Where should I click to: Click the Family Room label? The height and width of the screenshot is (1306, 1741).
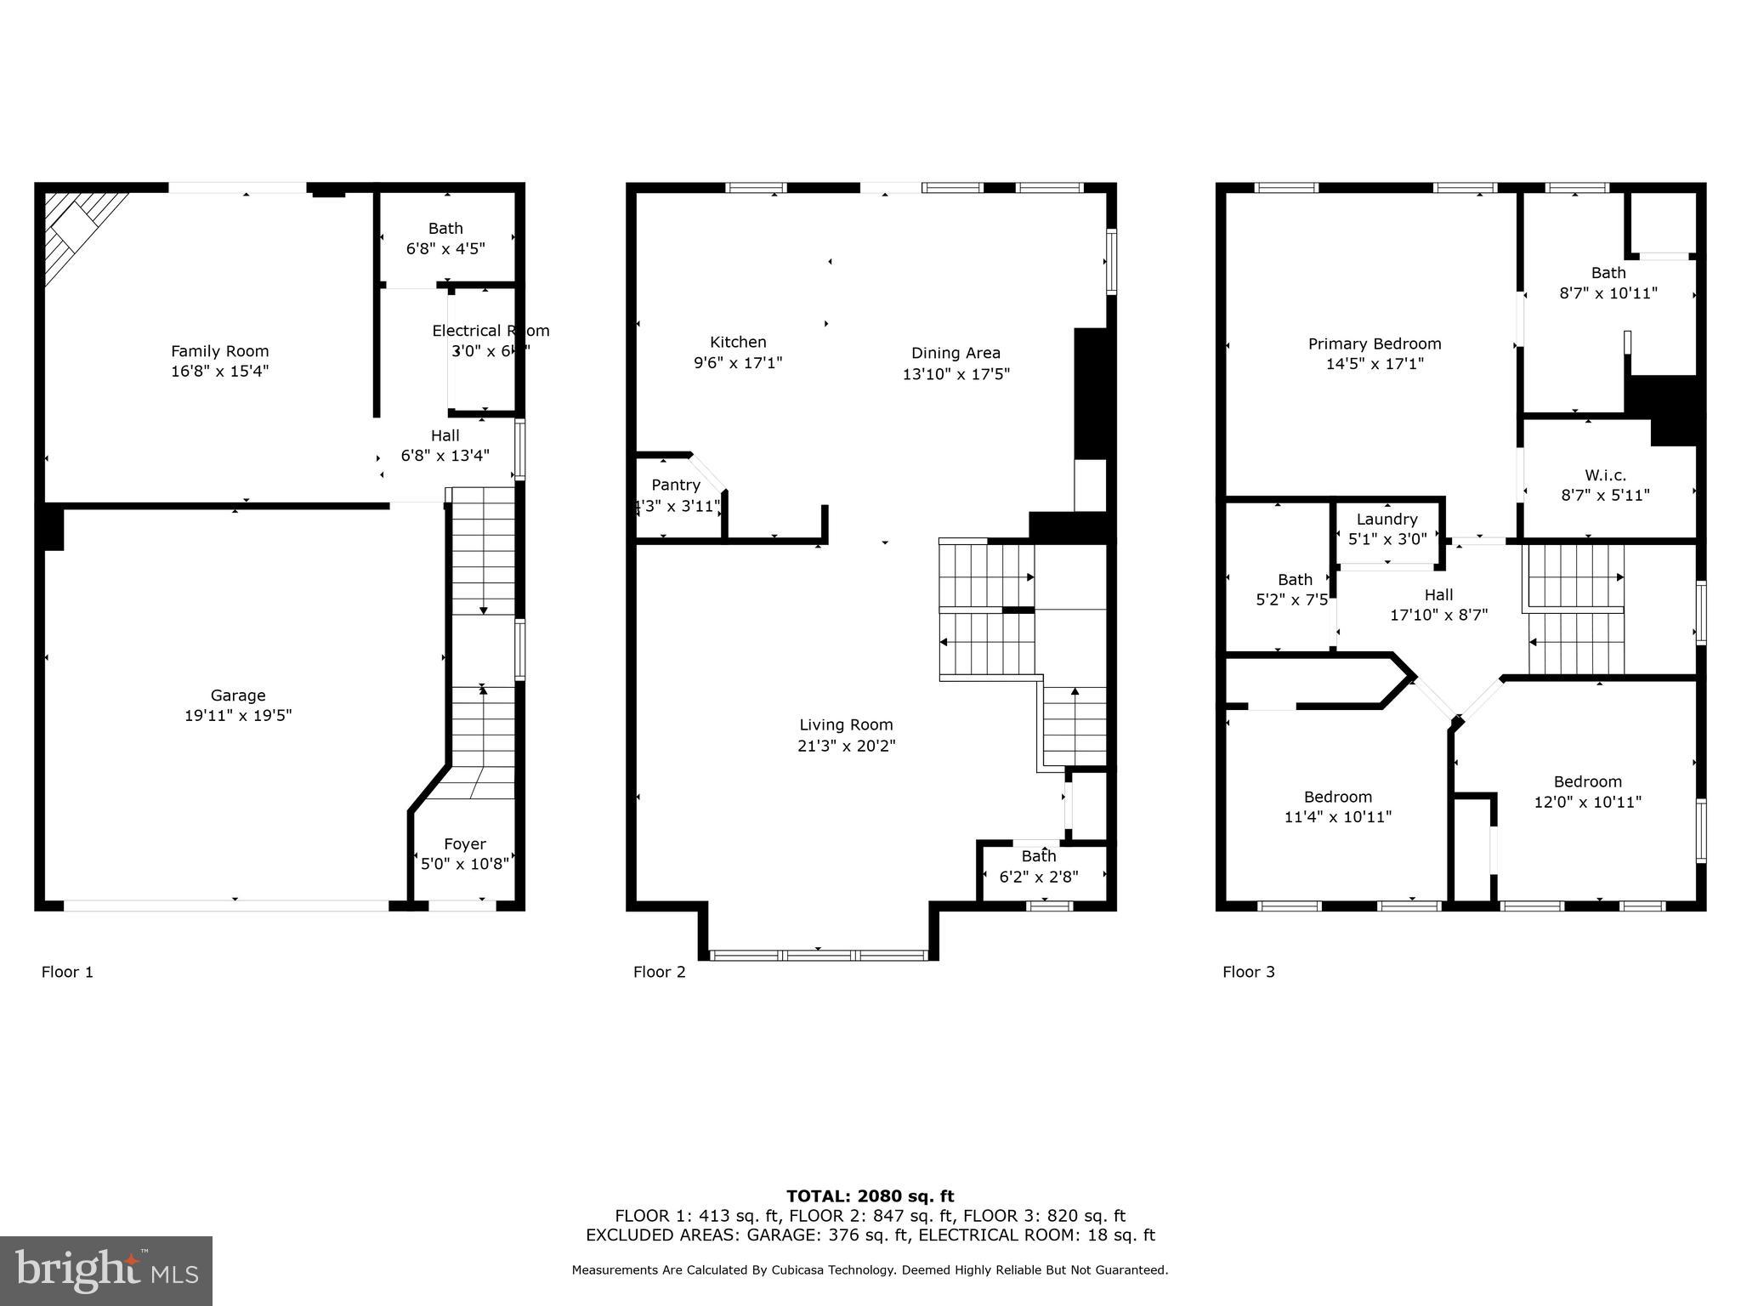(219, 351)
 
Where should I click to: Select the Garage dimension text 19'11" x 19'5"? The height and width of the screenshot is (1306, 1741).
(238, 715)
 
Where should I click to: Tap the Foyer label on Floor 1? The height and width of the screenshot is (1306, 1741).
(464, 843)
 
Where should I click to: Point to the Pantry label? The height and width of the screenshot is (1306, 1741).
(676, 485)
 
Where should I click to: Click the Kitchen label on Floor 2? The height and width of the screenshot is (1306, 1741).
(738, 342)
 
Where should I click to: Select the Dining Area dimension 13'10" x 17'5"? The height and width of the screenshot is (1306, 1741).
(956, 373)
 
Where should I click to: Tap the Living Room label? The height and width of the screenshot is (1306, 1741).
(846, 724)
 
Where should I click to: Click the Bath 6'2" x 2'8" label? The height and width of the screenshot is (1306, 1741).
(1039, 856)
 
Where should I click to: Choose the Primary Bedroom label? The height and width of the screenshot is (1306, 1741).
(1375, 344)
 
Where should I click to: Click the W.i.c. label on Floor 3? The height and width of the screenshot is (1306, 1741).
(1605, 475)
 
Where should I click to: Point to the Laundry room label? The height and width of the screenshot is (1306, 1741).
(1387, 519)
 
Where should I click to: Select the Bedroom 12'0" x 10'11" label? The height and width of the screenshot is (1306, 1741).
(1587, 781)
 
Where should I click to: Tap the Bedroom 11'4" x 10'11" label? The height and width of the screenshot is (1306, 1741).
(1337, 797)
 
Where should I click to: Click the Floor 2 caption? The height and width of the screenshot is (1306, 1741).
(659, 972)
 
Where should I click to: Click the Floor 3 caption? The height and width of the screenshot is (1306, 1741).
(1249, 972)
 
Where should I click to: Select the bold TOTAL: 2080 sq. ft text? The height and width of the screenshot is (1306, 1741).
(870, 1196)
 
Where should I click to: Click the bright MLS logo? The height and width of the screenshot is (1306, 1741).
(106, 1270)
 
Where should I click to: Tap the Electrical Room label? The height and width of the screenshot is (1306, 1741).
(491, 331)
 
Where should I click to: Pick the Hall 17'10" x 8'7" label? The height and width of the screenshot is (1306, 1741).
(1438, 595)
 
